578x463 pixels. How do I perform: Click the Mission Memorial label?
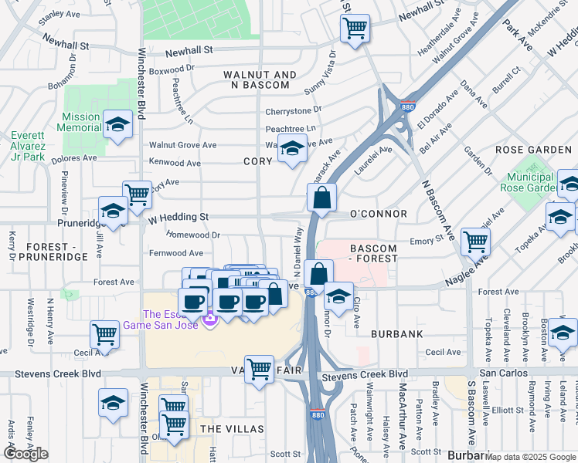(x=80, y=122)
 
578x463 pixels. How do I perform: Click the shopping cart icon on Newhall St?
(x=355, y=29)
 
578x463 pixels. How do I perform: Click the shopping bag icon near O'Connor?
(x=321, y=198)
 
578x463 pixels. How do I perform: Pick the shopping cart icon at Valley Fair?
(x=259, y=368)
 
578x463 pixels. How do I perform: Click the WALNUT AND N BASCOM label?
(x=260, y=79)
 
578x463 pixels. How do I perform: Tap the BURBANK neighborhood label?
(x=396, y=334)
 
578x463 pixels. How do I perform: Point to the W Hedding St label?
(x=178, y=218)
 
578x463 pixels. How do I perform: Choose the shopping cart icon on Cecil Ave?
(x=104, y=334)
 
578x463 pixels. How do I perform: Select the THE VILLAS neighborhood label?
(x=232, y=428)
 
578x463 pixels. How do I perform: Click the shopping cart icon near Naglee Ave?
(x=475, y=242)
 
